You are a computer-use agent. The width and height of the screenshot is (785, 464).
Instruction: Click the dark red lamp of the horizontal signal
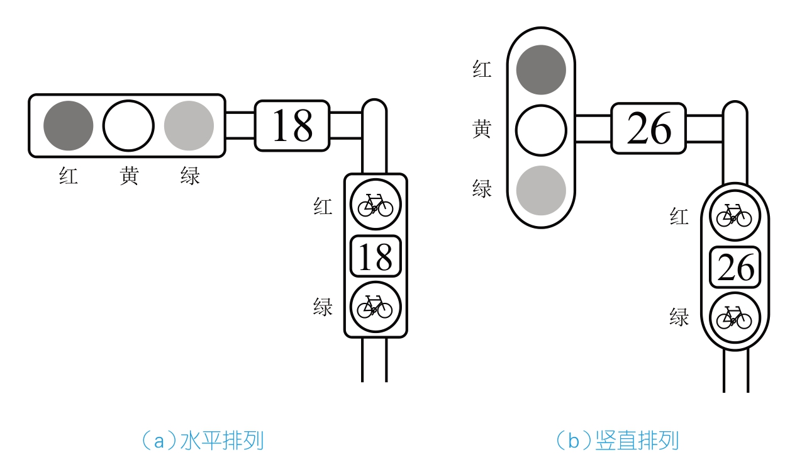68,125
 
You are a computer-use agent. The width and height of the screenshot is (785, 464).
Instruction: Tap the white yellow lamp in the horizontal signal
128,125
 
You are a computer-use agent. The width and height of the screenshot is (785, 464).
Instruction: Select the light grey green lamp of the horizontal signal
189,125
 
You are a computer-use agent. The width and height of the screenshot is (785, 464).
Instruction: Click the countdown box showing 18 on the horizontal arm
292,125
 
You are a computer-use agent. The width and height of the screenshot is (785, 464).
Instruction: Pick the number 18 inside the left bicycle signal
376,256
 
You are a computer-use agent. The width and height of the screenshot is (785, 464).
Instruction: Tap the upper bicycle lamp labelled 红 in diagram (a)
376,205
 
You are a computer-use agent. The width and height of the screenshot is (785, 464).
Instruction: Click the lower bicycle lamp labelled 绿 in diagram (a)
376,307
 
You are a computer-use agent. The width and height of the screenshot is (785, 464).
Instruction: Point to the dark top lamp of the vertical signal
541,70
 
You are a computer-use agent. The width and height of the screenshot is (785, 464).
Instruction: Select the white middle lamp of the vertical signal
541,130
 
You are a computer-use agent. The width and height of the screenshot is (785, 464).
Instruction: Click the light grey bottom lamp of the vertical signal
541,190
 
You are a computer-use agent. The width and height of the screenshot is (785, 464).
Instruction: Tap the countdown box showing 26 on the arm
649,128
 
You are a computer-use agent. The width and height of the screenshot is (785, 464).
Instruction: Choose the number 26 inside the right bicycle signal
735,268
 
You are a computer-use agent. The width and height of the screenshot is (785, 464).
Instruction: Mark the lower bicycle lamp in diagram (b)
735,318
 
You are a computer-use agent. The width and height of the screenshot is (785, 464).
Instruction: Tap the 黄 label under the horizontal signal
129,176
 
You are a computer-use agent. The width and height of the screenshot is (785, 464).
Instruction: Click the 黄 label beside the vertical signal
482,129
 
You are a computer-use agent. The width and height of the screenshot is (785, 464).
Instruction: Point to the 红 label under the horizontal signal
69,176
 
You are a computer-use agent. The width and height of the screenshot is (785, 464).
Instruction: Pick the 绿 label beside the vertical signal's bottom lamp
482,188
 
